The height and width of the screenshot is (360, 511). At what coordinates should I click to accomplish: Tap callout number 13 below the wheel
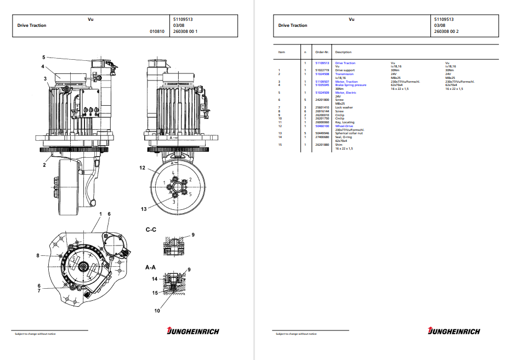point(144,208)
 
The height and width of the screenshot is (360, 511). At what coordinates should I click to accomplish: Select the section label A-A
point(151,268)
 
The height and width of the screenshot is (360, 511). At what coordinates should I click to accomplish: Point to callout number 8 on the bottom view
point(38,255)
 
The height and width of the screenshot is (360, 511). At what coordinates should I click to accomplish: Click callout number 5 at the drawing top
point(43,57)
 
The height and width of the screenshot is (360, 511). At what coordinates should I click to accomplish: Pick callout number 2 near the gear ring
point(44,164)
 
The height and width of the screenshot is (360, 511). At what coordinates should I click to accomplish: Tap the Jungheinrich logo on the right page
point(454,330)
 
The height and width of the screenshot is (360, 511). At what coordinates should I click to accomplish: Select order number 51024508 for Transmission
point(322,74)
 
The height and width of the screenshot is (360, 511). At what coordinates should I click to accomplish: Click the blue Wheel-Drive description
point(344,126)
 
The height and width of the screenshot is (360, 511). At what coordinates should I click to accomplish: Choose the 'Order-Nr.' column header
point(322,52)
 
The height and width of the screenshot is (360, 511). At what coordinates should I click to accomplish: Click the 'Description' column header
point(343,52)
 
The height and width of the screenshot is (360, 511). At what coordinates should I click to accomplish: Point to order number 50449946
point(322,133)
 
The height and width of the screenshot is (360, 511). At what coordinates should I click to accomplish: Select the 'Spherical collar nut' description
point(349,133)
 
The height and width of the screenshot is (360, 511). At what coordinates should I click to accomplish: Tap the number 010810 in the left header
point(157,31)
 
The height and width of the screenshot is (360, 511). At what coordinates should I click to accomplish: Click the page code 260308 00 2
point(446,31)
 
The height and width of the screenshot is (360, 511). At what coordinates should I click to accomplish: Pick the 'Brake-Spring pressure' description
point(351,85)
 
